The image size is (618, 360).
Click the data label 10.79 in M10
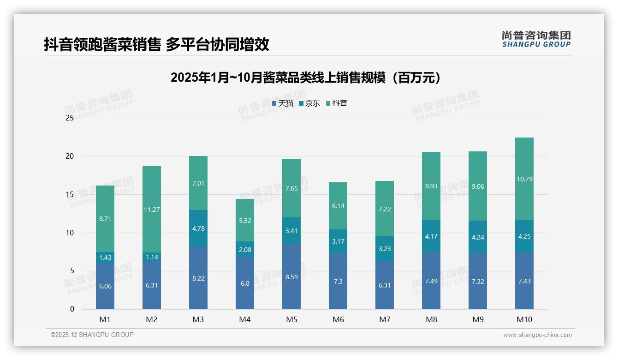tap(524, 179)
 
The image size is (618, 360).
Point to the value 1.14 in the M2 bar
tap(152, 257)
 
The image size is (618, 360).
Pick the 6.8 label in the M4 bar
tap(245, 283)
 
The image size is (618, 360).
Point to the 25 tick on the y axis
tap(70, 118)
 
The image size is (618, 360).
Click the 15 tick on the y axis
tap(70, 194)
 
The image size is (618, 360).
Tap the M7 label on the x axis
tap(385, 319)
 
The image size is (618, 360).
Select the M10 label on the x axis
tap(524, 319)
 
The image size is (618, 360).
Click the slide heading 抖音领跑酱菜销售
tap(156, 44)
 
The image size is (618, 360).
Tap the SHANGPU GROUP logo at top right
tap(536, 39)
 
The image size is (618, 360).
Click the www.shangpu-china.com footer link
tap(537, 335)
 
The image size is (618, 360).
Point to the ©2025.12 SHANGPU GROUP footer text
tap(92, 335)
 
